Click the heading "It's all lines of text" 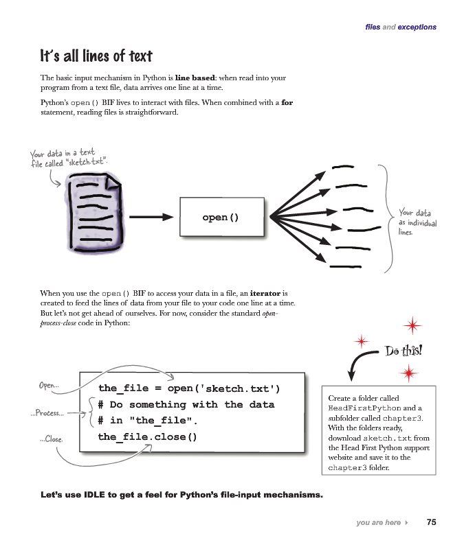(x=96, y=56)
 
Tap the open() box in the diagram (x=221, y=218)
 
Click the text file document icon (x=96, y=210)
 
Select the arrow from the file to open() (x=151, y=218)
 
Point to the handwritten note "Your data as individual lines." (x=417, y=222)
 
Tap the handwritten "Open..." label (x=49, y=386)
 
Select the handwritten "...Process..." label (x=47, y=413)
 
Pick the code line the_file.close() (x=147, y=436)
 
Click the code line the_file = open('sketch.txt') (x=189, y=388)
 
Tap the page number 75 (x=431, y=522)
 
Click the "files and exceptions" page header (x=401, y=27)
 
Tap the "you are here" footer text (x=379, y=523)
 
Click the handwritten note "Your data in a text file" (x=68, y=158)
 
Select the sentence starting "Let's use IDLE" (x=181, y=494)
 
